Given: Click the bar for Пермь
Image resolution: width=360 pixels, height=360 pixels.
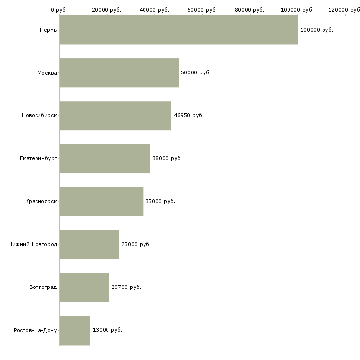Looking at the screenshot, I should [179, 30].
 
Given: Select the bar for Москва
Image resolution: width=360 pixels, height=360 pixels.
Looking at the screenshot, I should [119, 73].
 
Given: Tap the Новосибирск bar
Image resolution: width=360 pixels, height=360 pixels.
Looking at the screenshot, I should [115, 116].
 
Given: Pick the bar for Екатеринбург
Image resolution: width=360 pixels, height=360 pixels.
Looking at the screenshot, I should [105, 159].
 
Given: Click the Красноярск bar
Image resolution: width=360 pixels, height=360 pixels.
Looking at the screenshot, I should [101, 202].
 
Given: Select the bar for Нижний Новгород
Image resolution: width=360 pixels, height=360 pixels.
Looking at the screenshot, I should [89, 245].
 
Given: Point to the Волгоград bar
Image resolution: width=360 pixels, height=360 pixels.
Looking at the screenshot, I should [84, 288].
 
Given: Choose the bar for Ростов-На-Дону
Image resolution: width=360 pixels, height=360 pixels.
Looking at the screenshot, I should [75, 330].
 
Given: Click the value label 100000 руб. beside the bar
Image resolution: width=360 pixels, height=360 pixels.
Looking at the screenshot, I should [317, 30].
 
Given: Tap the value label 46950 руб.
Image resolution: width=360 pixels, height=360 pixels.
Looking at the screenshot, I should [188, 116].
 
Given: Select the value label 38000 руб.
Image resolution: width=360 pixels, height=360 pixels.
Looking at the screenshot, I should [167, 159].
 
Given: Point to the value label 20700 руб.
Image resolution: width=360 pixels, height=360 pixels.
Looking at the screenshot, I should [126, 288].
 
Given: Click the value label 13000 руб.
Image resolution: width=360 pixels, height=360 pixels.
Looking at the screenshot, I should [108, 330].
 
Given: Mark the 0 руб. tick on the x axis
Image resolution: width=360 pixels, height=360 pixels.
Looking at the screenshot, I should [59, 10].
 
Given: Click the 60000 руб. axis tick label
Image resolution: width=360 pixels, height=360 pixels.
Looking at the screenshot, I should [202, 10].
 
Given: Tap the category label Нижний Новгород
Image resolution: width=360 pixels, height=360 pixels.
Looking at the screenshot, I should [33, 245].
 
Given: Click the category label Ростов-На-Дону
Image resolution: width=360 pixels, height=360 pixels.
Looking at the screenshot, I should [36, 330].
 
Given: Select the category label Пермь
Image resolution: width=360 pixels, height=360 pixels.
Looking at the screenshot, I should [48, 30].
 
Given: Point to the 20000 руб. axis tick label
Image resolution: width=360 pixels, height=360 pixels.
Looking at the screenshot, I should [107, 10].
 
